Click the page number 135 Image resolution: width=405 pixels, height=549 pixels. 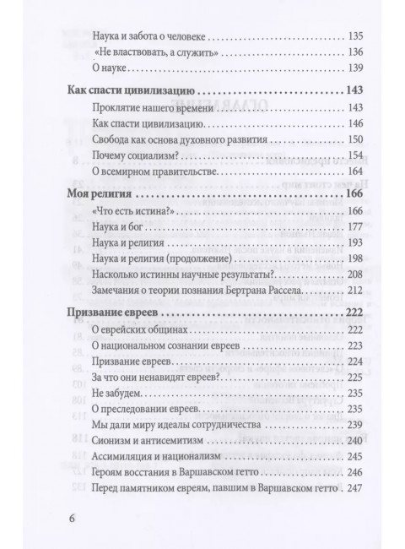tap(355, 37)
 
